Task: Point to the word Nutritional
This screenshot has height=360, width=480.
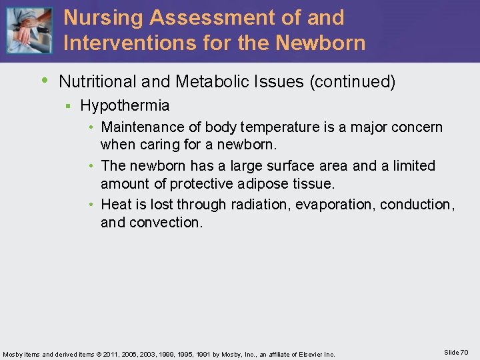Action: click(x=97, y=82)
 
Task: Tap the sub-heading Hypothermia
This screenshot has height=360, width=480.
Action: click(x=125, y=105)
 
